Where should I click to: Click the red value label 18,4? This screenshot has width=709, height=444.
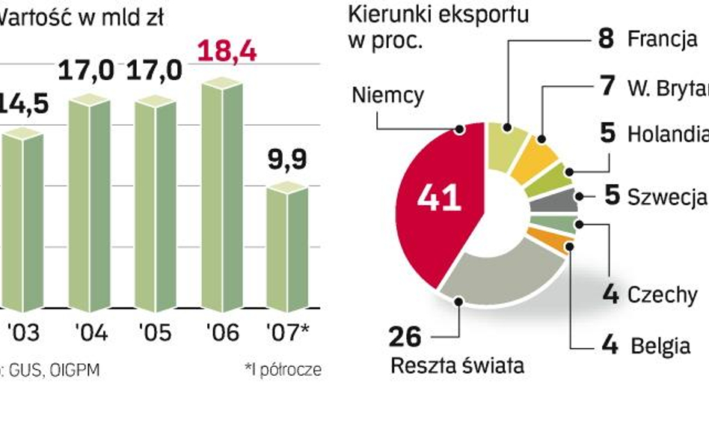(x=227, y=53)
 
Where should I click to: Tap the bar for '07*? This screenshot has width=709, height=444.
(x=287, y=249)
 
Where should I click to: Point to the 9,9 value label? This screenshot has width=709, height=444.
(x=287, y=160)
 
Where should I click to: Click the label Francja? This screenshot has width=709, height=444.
(x=662, y=39)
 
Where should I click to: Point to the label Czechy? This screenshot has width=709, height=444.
(x=661, y=294)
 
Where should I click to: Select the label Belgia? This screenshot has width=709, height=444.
(x=660, y=346)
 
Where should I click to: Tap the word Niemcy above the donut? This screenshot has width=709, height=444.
(x=387, y=95)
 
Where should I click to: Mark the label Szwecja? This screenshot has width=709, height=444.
(x=666, y=197)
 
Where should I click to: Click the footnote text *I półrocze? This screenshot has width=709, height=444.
(x=283, y=370)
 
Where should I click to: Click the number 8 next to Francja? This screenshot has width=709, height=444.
(x=606, y=39)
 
